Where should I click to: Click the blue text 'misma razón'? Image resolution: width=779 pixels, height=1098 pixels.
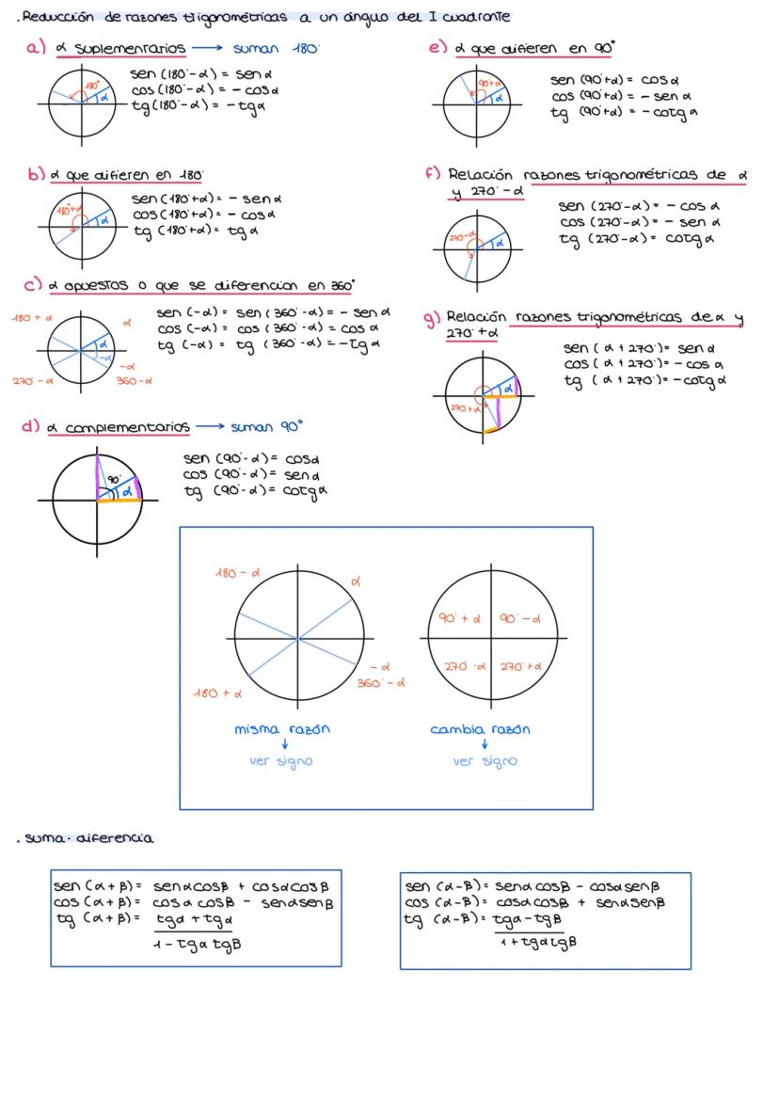(x=282, y=729)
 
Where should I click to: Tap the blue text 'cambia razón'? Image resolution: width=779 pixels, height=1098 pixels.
(x=480, y=729)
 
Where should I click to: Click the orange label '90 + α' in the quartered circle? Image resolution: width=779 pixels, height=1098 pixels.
(x=459, y=619)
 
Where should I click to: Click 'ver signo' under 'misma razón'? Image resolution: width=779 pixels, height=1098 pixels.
(x=281, y=761)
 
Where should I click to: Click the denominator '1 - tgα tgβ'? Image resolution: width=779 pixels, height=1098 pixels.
(x=197, y=944)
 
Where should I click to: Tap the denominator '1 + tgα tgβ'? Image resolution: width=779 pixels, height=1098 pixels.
(x=536, y=940)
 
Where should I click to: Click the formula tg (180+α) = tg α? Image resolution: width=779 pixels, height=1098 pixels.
(x=189, y=230)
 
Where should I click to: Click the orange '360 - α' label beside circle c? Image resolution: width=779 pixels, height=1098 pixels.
(x=135, y=381)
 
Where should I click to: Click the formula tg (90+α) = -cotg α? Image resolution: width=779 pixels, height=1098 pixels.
(x=623, y=113)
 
